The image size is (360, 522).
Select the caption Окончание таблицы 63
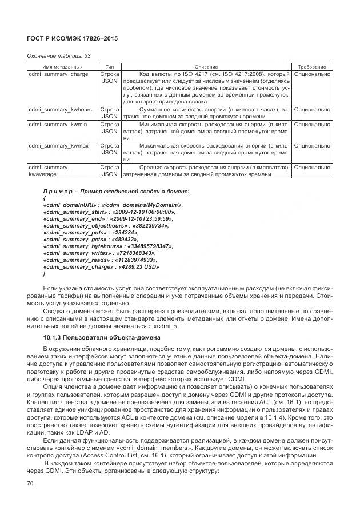click(59, 55)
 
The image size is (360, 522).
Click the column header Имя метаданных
click(52, 67)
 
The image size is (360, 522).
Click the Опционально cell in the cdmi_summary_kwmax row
click(312, 146)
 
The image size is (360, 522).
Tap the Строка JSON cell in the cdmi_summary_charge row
click(109, 78)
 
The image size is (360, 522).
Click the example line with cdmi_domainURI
click(113, 205)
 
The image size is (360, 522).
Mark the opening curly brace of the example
click(45, 198)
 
